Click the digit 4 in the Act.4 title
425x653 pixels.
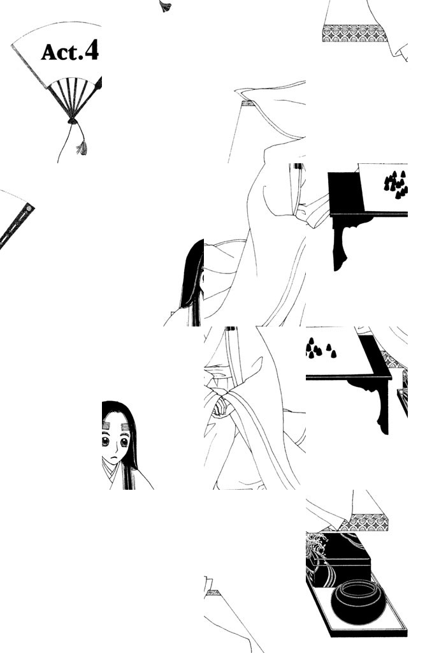click(91, 51)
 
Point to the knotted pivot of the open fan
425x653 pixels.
click(73, 121)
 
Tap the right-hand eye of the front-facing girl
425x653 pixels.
click(124, 443)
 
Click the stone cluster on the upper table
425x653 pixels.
click(396, 184)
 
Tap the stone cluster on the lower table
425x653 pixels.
click(319, 348)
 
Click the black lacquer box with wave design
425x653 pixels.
click(338, 558)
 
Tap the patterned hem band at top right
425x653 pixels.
click(354, 33)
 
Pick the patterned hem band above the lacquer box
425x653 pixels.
click(368, 523)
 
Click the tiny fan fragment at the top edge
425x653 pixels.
click(165, 6)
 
